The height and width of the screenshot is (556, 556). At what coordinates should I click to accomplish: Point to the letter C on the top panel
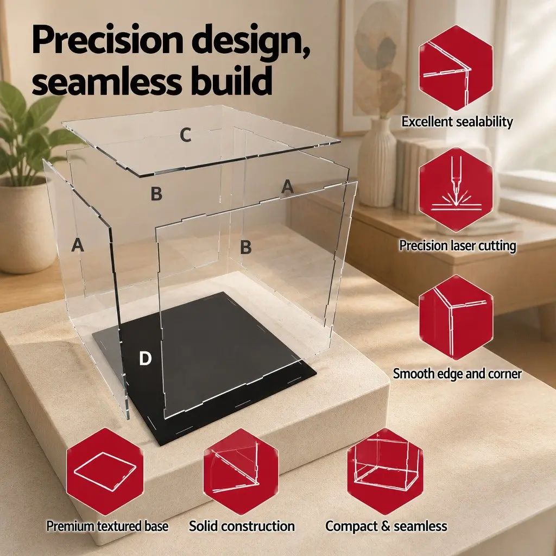(x=186, y=135)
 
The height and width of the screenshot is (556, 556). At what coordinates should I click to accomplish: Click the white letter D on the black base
(x=145, y=358)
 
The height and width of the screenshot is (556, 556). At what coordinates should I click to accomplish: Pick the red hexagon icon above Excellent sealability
(x=456, y=68)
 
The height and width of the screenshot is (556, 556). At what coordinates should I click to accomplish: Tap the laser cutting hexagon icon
(x=456, y=190)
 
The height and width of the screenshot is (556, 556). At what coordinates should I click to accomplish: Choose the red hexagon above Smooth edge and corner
(x=456, y=317)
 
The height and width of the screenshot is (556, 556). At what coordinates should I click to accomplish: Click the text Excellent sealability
(x=457, y=122)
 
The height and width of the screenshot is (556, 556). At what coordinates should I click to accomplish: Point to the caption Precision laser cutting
(x=457, y=246)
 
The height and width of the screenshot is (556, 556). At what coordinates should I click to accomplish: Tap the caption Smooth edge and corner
(x=457, y=374)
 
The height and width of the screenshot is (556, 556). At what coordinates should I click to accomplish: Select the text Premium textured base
(x=108, y=526)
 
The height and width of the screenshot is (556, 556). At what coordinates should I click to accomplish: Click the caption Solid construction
(x=242, y=526)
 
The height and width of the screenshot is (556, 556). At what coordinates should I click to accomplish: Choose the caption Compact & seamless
(x=386, y=526)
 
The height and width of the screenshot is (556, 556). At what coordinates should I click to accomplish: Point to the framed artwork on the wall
(x=374, y=67)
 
